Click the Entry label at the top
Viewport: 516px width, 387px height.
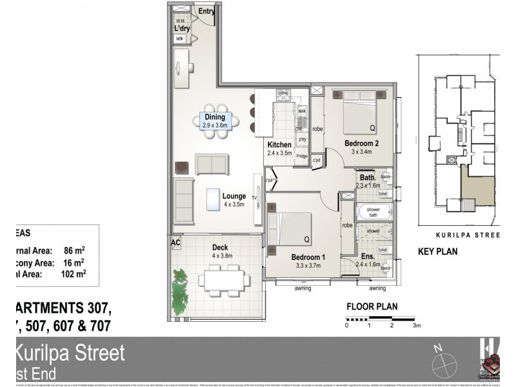pyautogui.click(x=206, y=11)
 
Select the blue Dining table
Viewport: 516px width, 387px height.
pyautogui.click(x=215, y=121)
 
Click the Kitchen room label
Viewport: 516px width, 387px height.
pyautogui.click(x=280, y=144)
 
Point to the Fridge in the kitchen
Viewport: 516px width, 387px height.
pyautogui.click(x=301, y=155)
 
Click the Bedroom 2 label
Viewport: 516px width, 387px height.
pyautogui.click(x=361, y=143)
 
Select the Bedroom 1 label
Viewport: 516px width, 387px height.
pyautogui.click(x=307, y=256)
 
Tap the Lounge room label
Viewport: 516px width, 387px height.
pyautogui.click(x=234, y=196)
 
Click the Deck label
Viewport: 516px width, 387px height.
pyautogui.click(x=220, y=247)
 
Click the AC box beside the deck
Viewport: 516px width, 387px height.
pyautogui.click(x=175, y=243)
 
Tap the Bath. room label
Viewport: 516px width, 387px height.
pyautogui.click(x=368, y=177)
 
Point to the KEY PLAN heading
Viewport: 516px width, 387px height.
pyautogui.click(x=438, y=252)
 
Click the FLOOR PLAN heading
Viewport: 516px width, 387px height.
pyautogui.click(x=372, y=307)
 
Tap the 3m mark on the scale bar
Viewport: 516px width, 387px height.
pyautogui.click(x=416, y=326)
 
